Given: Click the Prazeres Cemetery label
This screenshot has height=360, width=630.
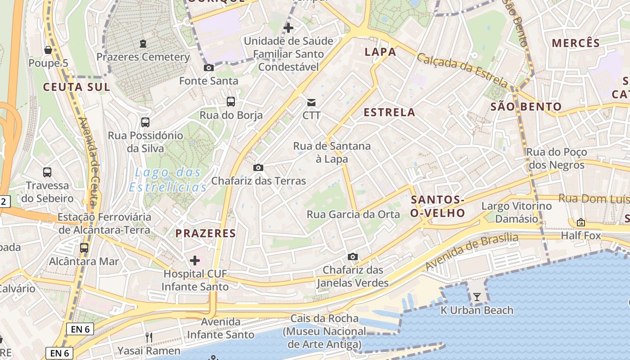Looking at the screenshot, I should (x=143, y=57).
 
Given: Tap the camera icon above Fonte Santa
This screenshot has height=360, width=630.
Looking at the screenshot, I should (x=209, y=68).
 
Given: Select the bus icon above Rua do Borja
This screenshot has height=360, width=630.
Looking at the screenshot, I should (x=231, y=102).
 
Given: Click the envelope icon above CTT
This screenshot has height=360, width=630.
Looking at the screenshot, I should (x=311, y=103).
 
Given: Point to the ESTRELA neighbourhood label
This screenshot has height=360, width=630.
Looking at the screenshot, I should (x=390, y=112).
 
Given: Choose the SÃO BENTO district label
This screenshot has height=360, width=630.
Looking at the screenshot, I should (x=526, y=107).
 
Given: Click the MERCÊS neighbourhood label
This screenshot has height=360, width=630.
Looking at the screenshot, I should (x=576, y=43).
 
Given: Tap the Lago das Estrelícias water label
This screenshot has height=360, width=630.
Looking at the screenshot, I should (x=168, y=180).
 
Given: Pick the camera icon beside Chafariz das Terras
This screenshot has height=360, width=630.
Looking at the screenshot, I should (x=258, y=168).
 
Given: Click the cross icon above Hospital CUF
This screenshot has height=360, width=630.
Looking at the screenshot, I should (x=195, y=261).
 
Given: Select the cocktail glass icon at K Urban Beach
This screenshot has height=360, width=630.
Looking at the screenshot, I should (x=477, y=297).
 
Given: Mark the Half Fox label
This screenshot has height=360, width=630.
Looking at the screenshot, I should (x=580, y=235).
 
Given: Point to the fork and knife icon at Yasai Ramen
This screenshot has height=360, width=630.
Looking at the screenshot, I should (x=149, y=337).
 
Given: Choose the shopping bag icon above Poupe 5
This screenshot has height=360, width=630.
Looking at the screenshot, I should (x=48, y=50).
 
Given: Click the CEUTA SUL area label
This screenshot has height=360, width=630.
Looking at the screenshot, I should (x=76, y=87).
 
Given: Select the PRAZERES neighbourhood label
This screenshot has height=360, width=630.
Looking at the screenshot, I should (x=206, y=233).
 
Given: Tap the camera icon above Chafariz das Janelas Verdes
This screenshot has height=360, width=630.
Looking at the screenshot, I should (x=353, y=257).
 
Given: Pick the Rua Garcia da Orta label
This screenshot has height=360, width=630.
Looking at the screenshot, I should (x=353, y=215).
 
